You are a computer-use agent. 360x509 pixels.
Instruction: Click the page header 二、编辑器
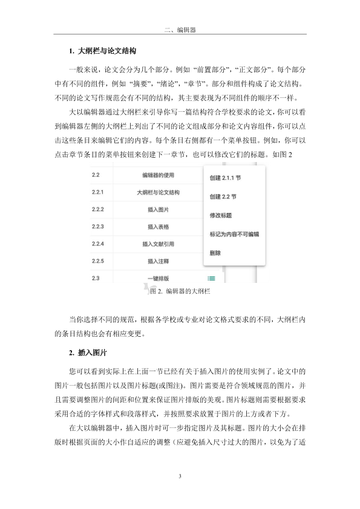coord(180,28)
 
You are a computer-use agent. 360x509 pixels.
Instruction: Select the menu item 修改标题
coord(220,215)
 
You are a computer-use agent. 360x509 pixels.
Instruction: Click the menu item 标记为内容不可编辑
coord(234,233)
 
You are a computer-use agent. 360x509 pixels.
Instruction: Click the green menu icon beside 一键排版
coord(211,279)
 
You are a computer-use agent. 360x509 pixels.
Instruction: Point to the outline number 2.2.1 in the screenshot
coord(98,193)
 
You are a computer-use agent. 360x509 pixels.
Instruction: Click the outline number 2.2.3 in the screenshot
coord(98,227)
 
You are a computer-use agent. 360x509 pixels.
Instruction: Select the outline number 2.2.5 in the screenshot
coord(98,261)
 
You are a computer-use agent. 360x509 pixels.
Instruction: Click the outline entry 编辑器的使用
coord(159,175)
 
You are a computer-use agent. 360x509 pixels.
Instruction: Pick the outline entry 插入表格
coord(159,227)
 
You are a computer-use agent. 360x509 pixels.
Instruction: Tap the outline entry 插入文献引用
coord(159,244)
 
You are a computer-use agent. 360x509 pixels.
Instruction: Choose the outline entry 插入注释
coord(159,261)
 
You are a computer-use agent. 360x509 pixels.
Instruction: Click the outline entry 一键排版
coord(159,279)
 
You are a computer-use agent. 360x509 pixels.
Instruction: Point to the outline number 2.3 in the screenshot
coord(96,278)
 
